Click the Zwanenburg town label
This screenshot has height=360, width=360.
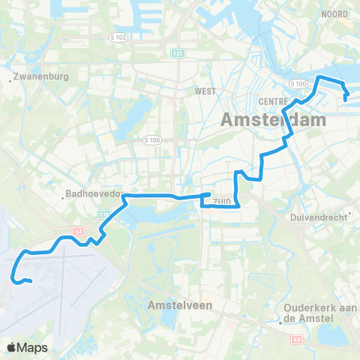pyautogui.click(x=43, y=77)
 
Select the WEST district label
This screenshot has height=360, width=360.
pyautogui.click(x=205, y=91)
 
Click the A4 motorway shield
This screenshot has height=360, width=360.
pyautogui.click(x=77, y=212)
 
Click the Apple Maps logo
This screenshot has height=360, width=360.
pyautogui.click(x=26, y=347)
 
